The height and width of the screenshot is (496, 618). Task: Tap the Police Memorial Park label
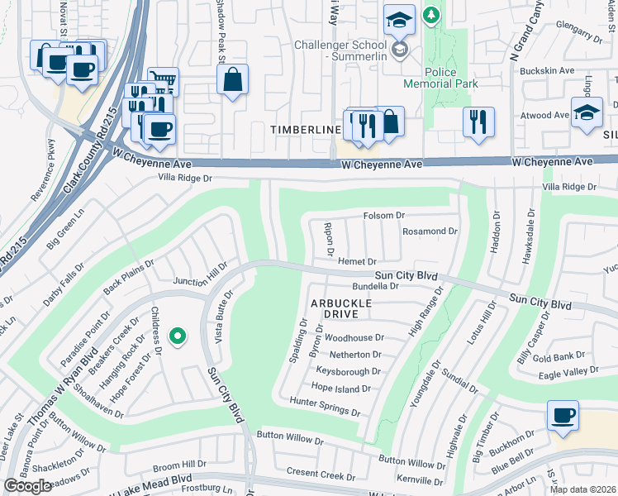tap(440, 78)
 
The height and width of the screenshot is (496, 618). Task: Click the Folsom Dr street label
tap(384, 216)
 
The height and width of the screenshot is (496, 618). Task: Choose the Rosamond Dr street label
tap(429, 231)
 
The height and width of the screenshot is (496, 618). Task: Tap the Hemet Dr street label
tap(357, 261)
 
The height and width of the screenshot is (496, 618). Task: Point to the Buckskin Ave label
tap(544, 71)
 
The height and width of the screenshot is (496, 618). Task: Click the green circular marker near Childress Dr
tap(176, 336)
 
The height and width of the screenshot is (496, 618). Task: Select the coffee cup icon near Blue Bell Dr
tap(563, 416)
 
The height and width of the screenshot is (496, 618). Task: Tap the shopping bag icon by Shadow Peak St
tap(233, 80)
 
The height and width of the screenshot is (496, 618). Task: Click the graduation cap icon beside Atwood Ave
tap(587, 112)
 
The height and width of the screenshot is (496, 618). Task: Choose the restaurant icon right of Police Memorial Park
tap(478, 122)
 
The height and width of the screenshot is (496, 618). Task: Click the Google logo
tap(27, 486)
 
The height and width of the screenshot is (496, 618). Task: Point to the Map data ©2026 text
tap(582, 489)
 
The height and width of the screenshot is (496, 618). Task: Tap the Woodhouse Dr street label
tap(354, 338)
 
